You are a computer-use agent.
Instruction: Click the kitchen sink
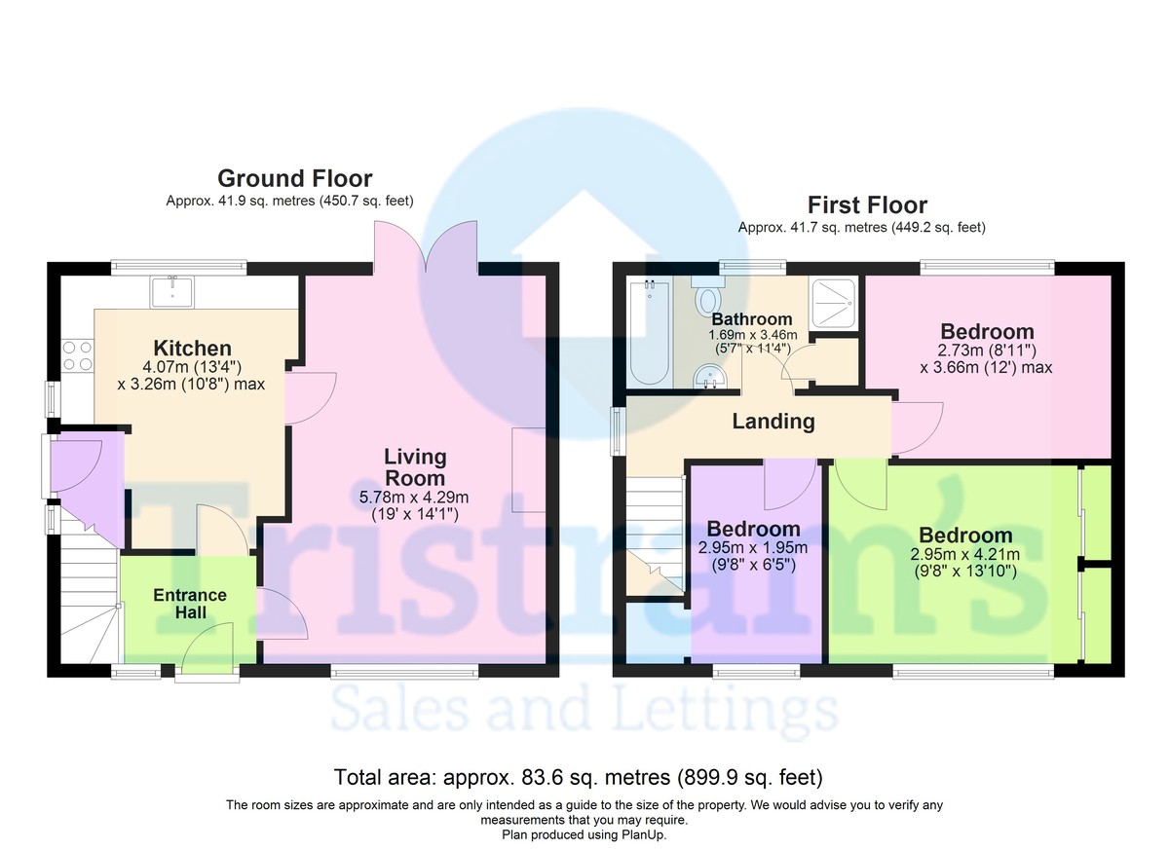pyautogui.click(x=171, y=292)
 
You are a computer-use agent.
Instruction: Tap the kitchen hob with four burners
pyautogui.click(x=77, y=355)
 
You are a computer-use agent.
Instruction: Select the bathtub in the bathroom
pyautogui.click(x=649, y=333)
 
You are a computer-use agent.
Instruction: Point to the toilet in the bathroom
pyautogui.click(x=707, y=296)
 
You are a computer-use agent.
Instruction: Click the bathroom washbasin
pyautogui.click(x=709, y=377)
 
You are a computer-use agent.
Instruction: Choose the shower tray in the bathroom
pyautogui.click(x=832, y=305)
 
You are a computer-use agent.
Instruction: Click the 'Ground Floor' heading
pyautogui.click(x=295, y=178)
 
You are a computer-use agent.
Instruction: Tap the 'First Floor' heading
pyautogui.click(x=867, y=204)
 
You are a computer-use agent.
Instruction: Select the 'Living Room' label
pyautogui.click(x=415, y=467)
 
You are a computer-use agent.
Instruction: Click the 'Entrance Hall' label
pyautogui.click(x=190, y=604)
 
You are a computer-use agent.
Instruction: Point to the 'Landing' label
pyautogui.click(x=773, y=422)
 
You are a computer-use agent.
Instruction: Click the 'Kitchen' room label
pyautogui.click(x=193, y=348)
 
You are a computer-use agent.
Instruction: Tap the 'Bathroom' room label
pyautogui.click(x=752, y=318)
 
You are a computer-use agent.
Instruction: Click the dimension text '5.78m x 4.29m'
pyautogui.click(x=414, y=497)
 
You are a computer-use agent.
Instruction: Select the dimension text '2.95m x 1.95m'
pyautogui.click(x=753, y=547)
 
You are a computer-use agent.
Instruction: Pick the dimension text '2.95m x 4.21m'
pyautogui.click(x=965, y=554)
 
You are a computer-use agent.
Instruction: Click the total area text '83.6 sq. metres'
pyautogui.click(x=596, y=777)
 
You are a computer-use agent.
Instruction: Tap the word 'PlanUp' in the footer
pyautogui.click(x=643, y=834)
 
